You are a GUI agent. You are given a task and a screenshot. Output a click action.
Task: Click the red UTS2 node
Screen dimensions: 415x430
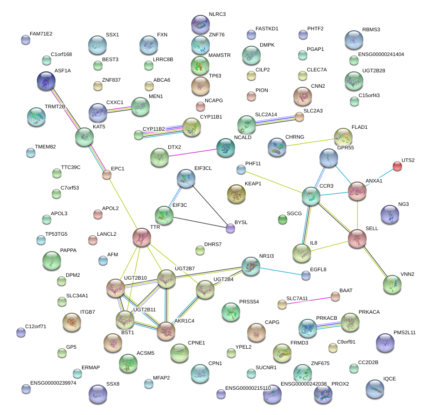click(397, 166)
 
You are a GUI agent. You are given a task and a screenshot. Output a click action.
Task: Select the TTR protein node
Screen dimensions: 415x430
click(142, 237)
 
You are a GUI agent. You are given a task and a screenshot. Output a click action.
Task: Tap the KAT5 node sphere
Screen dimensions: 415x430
click(84, 136)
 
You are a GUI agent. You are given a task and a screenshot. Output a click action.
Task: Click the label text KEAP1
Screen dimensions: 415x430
click(252, 184)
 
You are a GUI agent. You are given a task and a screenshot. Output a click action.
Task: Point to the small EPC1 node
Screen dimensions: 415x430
click(107, 175)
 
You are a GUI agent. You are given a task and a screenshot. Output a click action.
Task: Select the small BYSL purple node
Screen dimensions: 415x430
click(230, 228)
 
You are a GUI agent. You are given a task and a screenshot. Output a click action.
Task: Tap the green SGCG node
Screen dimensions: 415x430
click(282, 219)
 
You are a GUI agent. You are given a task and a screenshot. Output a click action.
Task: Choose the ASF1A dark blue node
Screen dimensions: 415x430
click(46, 81)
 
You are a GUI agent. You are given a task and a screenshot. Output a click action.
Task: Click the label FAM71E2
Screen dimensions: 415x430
click(41, 34)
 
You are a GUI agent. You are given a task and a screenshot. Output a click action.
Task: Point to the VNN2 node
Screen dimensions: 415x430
click(392, 283)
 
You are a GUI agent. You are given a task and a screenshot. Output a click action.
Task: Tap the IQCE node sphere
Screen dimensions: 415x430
click(375, 388)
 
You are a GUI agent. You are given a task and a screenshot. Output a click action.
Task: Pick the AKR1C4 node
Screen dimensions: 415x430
click(166, 331)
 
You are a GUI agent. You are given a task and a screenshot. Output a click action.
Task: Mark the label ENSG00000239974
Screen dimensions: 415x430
click(53, 383)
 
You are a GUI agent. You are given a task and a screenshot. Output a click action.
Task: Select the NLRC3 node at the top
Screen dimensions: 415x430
click(201, 24)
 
